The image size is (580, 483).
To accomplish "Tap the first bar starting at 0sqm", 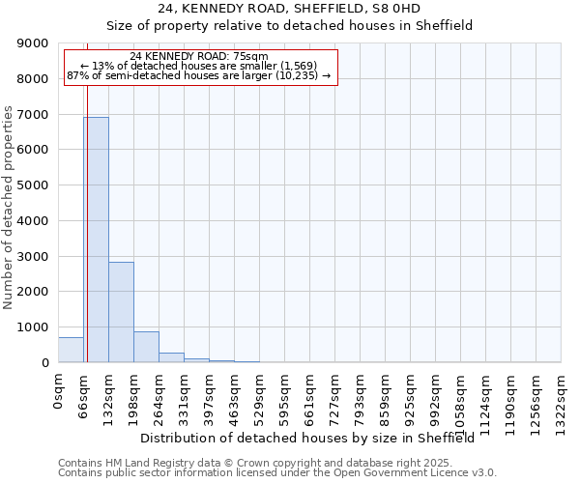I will (71, 350).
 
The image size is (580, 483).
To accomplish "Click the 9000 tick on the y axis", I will (33, 43).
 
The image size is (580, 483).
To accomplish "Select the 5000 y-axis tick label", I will (33, 185).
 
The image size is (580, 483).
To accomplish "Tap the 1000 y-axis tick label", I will (33, 327).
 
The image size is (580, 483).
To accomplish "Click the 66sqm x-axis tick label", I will (84, 395).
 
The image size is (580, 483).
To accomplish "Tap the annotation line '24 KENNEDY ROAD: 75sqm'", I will (199, 57).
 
